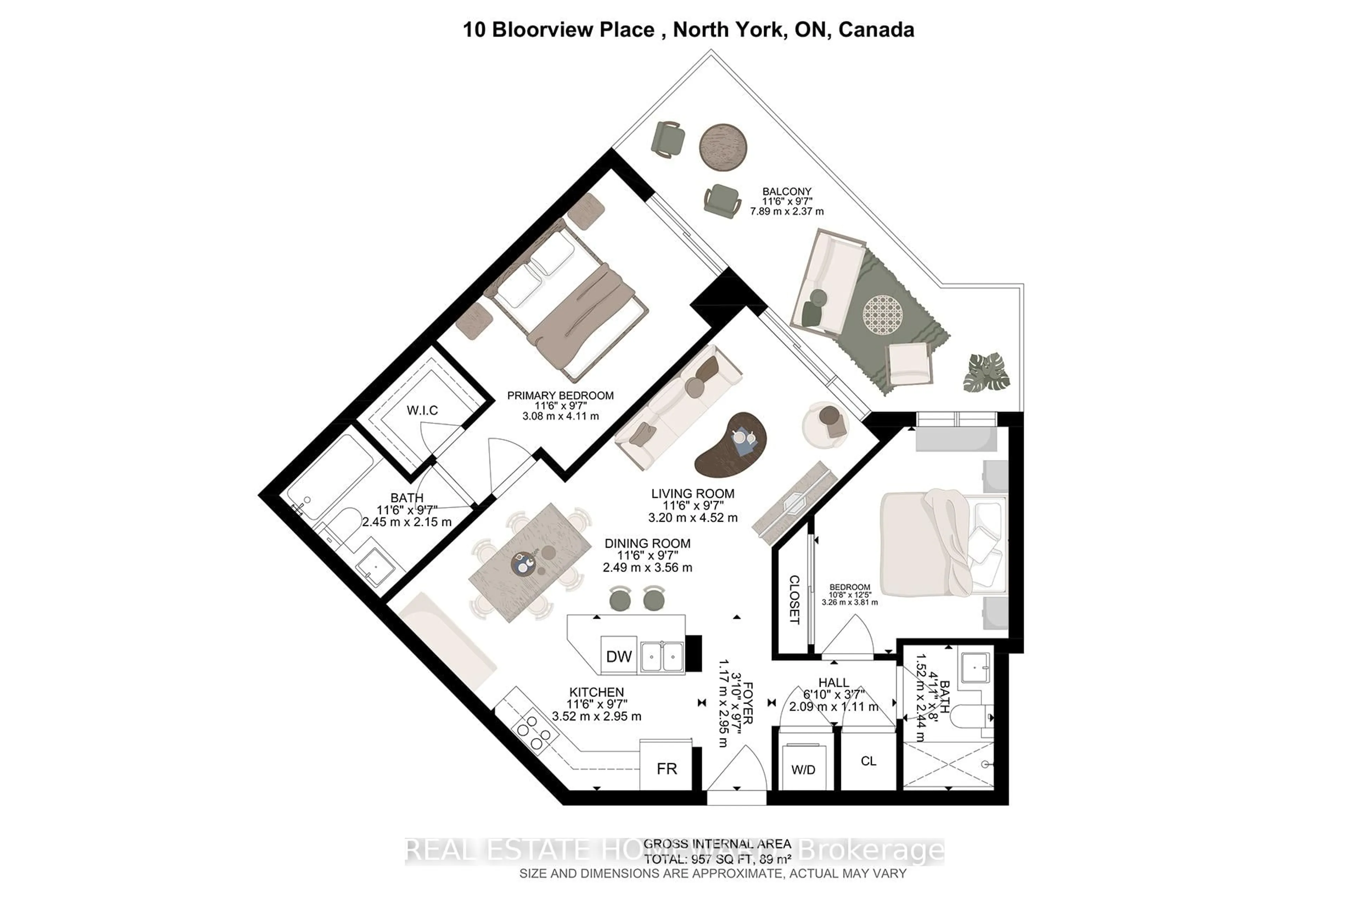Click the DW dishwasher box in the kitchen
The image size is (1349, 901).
[618, 656]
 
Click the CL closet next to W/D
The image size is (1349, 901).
[868, 761]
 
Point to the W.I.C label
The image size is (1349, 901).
[423, 410]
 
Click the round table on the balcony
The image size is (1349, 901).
[723, 147]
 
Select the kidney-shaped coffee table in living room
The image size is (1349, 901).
[731, 445]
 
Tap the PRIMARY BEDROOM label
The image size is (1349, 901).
[560, 395]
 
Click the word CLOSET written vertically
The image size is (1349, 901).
[794, 599]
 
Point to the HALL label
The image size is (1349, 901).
[833, 683]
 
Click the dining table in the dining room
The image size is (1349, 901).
[530, 562]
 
